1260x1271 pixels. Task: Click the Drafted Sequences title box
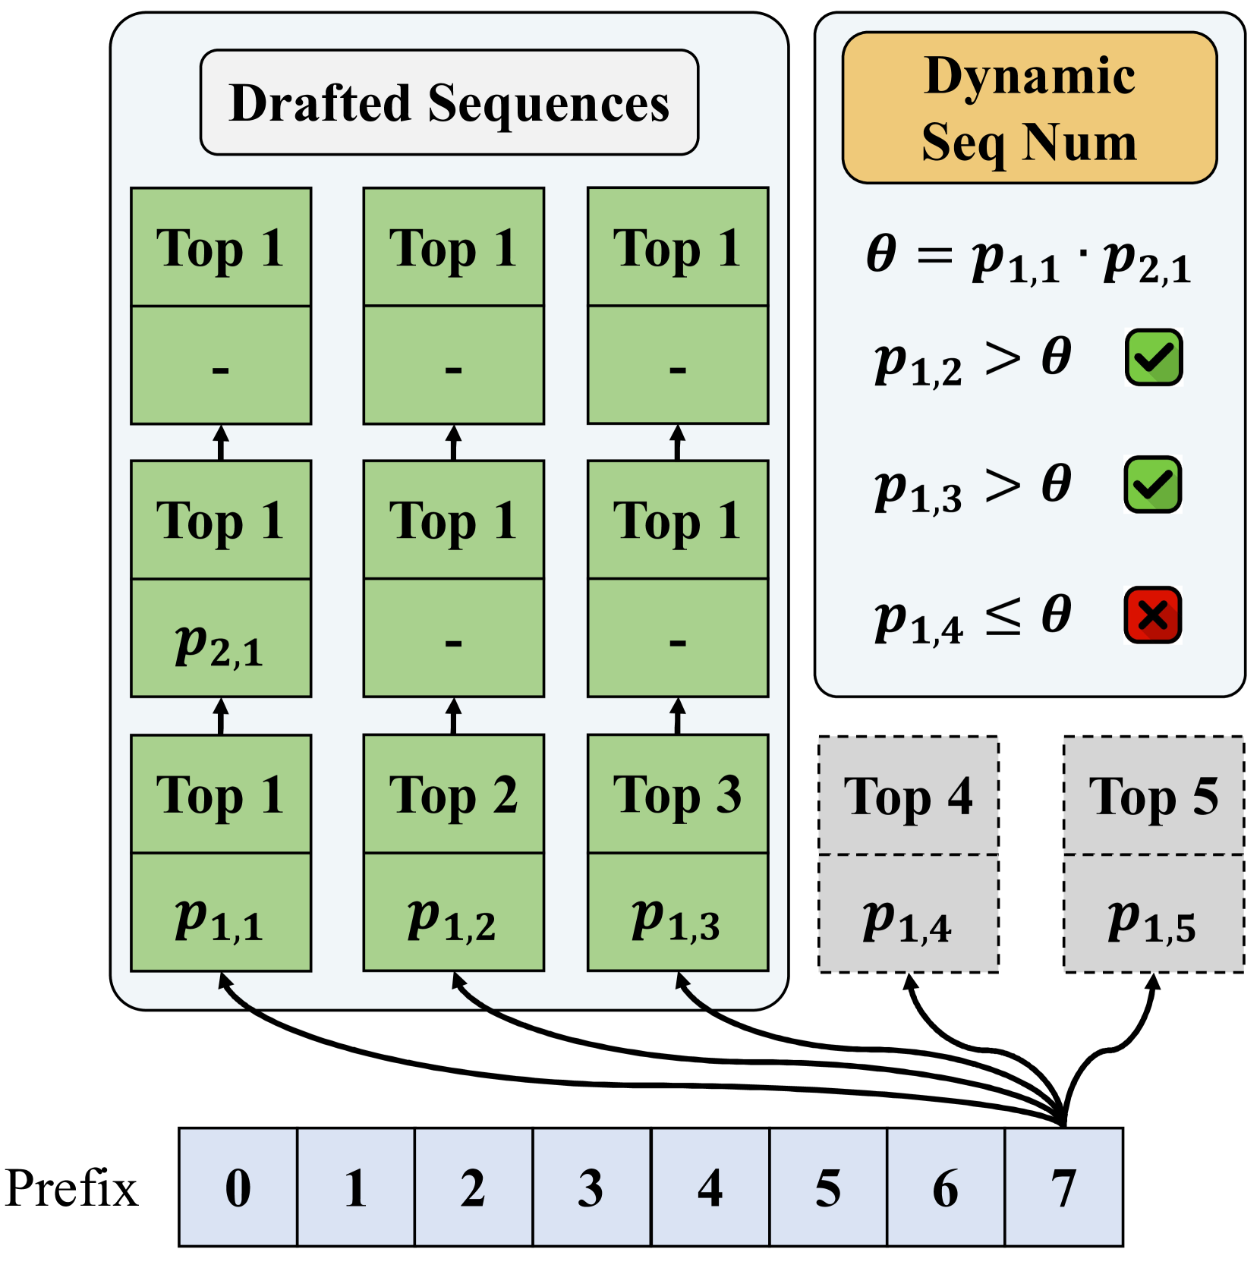coord(449,102)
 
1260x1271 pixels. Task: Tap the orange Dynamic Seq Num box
coord(1029,108)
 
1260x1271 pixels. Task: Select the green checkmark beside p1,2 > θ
coord(1153,357)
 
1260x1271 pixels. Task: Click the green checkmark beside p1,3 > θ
coord(1152,485)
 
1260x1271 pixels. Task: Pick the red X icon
coord(1152,615)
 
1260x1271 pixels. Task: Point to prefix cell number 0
coord(238,1188)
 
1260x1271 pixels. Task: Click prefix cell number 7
coord(1063,1188)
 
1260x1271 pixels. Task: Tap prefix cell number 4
coord(710,1188)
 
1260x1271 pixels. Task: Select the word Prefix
coord(71,1188)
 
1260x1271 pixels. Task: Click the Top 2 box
coord(453,794)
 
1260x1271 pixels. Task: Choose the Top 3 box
coord(677,794)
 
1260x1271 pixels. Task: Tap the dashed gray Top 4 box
coord(908,796)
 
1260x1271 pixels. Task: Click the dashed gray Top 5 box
coord(1153,796)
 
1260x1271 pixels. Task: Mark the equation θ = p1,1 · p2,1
coord(1028,258)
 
